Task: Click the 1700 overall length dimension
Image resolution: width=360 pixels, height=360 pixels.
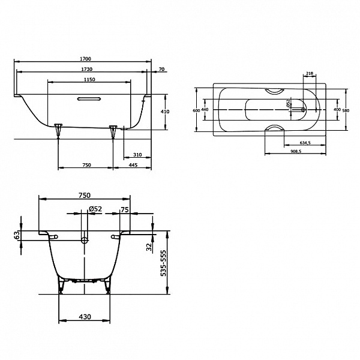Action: (x=85, y=59)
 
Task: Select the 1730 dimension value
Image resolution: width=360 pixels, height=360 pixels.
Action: (x=85, y=70)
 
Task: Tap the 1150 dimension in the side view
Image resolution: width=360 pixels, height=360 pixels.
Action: (x=89, y=80)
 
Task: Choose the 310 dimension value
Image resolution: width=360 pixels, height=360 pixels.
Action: (x=137, y=154)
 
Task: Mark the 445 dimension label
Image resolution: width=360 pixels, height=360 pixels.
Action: (x=133, y=165)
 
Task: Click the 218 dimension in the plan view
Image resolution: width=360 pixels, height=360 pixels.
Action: (x=310, y=73)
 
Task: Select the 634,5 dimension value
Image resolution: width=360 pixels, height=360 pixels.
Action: (x=305, y=143)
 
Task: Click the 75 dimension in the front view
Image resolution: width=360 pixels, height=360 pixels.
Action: (x=125, y=209)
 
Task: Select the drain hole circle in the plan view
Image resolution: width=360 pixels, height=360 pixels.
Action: (x=302, y=110)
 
